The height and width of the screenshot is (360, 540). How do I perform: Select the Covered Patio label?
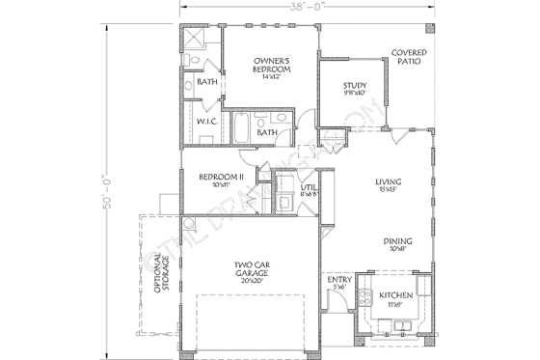pos(410,57)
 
